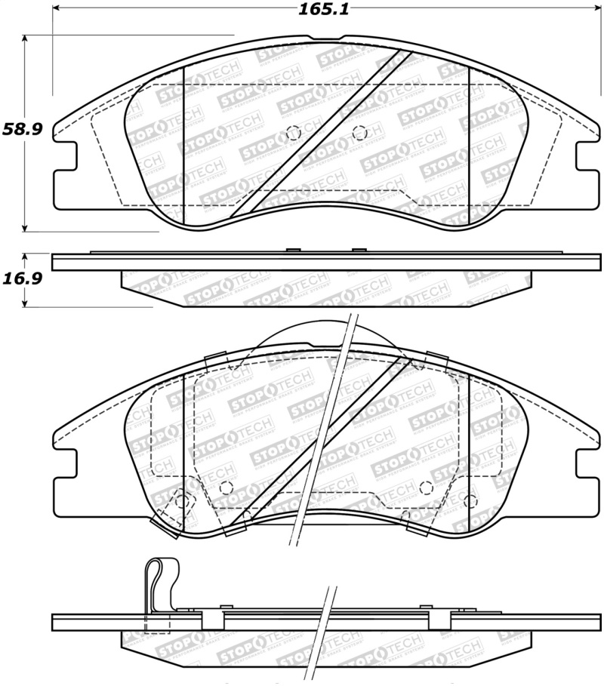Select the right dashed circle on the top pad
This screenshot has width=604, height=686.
click(x=359, y=132)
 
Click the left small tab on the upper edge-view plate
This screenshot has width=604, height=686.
click(x=294, y=251)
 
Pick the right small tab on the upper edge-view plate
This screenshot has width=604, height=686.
click(x=359, y=251)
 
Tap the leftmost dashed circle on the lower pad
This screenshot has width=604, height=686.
click(x=181, y=499)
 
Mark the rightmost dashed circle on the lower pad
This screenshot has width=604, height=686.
click(x=470, y=500)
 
